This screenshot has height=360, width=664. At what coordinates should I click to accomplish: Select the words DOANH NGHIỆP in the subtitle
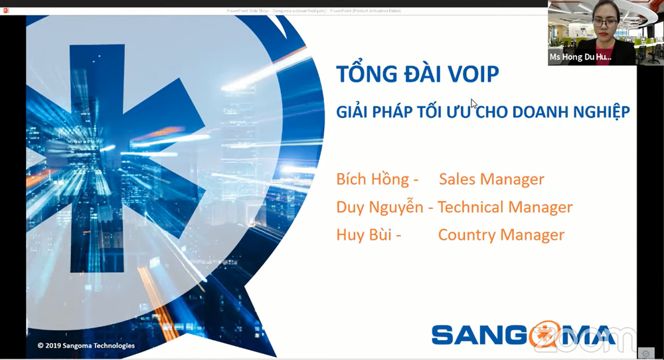pyautogui.click(x=568, y=112)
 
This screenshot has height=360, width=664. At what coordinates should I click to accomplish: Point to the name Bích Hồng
pyautogui.click(x=373, y=179)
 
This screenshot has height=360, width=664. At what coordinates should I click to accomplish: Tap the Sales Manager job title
pyautogui.click(x=491, y=179)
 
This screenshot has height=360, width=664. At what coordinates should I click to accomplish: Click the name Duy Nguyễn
pyautogui.click(x=380, y=207)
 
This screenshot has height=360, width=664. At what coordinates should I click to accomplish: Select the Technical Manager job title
pyautogui.click(x=505, y=207)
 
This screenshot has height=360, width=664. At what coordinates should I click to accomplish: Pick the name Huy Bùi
pyautogui.click(x=365, y=235)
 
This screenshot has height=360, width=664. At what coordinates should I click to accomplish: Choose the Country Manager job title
pyautogui.click(x=501, y=235)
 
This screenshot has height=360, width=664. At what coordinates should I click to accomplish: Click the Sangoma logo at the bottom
pyautogui.click(x=525, y=334)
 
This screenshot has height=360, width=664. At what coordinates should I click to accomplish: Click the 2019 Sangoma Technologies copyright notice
pyautogui.click(x=86, y=345)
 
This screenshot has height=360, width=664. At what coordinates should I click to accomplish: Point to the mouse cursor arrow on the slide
pyautogui.click(x=474, y=104)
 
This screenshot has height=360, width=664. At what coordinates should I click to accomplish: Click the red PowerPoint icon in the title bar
pyautogui.click(x=7, y=11)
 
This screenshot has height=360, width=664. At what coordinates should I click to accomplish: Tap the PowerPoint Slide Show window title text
pyautogui.click(x=312, y=11)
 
